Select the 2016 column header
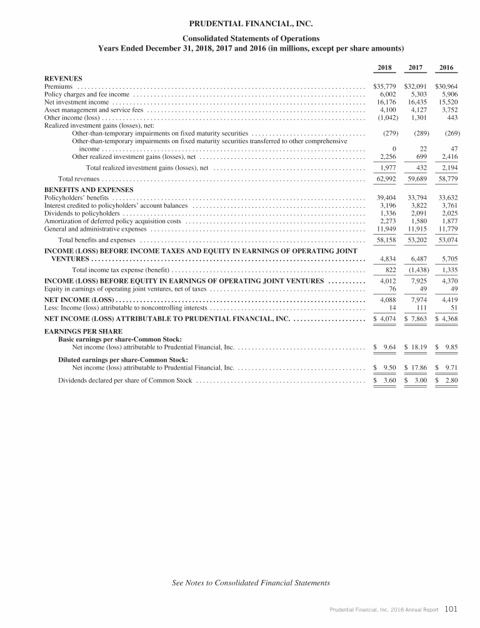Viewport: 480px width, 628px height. coord(446,67)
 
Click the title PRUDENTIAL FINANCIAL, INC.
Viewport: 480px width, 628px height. coord(239,25)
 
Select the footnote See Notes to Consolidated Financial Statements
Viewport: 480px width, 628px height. coord(251,583)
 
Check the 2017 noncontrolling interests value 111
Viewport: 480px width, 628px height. coord(419,308)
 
